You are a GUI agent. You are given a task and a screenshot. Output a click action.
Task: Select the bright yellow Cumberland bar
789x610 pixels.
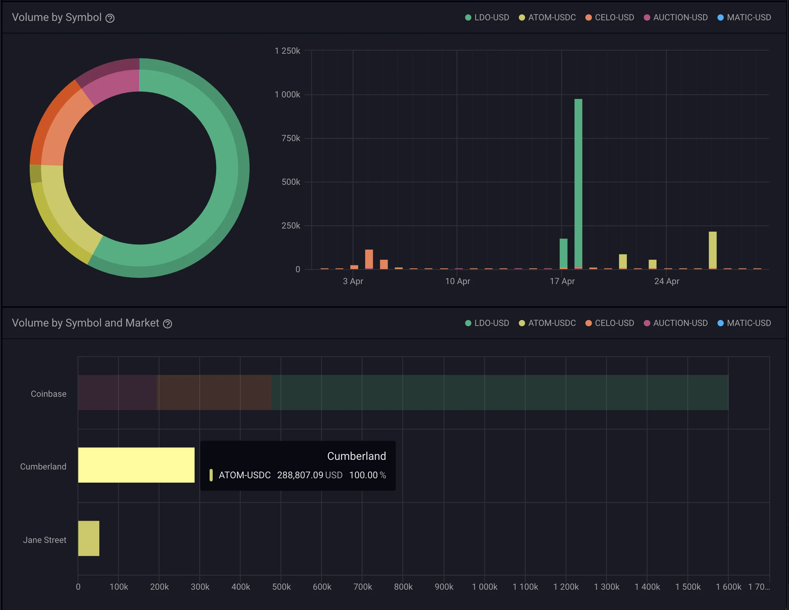[x=136, y=465]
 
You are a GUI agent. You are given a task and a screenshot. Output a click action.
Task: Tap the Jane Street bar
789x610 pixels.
[x=88, y=538]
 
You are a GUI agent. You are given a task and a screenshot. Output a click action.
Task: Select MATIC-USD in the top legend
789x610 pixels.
[x=748, y=17]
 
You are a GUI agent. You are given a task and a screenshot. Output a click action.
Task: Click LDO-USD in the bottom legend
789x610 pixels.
[x=491, y=323]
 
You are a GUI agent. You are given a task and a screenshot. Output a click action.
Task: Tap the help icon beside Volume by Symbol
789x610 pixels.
[x=110, y=18]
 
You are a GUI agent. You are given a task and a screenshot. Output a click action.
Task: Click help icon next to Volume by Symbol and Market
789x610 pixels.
[x=167, y=324]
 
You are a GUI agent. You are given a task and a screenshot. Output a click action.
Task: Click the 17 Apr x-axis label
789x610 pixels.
[x=562, y=281]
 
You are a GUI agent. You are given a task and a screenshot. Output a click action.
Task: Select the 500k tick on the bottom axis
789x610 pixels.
[x=281, y=587]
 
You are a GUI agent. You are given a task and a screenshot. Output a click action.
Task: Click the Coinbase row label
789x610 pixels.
[x=48, y=394]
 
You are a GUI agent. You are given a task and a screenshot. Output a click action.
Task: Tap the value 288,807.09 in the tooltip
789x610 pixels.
[x=300, y=475]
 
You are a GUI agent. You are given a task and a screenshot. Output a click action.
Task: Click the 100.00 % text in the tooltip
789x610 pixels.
[x=367, y=475]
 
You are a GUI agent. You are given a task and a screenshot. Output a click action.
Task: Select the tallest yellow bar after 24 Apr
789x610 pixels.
[x=712, y=250]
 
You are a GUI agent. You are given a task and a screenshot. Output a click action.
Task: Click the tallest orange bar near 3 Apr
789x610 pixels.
[x=369, y=258]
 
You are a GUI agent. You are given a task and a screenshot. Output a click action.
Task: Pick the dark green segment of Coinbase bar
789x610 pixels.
[x=499, y=392]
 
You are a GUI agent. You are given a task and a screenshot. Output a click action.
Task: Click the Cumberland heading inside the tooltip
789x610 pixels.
[x=356, y=456]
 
